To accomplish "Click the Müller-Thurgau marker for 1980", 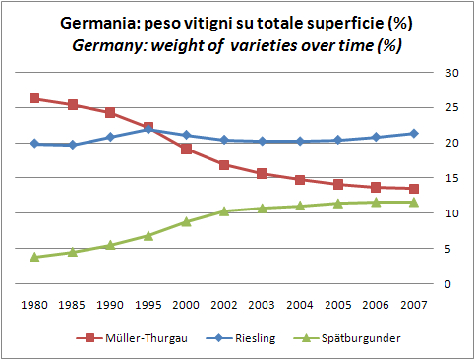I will (x=34, y=98).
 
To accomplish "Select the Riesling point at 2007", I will (x=414, y=133).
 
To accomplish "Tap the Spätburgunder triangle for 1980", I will (x=34, y=257).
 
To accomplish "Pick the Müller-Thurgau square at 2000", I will (x=186, y=149).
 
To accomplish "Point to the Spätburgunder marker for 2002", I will (x=224, y=210).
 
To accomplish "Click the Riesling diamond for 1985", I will (x=72, y=145).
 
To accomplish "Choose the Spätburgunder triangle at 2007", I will (x=414, y=202).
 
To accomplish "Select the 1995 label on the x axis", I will (x=148, y=304).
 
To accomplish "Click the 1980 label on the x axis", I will (x=34, y=304).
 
